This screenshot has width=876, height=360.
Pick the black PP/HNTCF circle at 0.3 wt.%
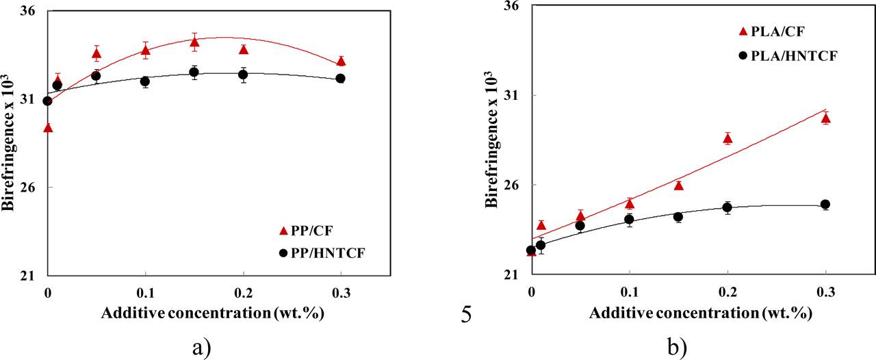click(341, 79)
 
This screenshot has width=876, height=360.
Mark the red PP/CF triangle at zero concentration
click(48, 127)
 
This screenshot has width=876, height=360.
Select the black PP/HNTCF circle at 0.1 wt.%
click(145, 81)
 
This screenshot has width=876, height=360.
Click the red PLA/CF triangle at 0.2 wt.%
click(727, 139)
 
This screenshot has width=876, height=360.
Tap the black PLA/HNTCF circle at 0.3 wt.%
click(825, 205)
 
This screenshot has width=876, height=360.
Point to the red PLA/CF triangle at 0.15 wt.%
click(679, 185)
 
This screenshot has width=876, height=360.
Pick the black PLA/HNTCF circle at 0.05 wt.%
click(580, 226)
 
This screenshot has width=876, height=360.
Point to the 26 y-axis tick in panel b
click(512, 185)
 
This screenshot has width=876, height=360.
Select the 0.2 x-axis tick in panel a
click(243, 292)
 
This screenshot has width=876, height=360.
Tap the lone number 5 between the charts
click(465, 317)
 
